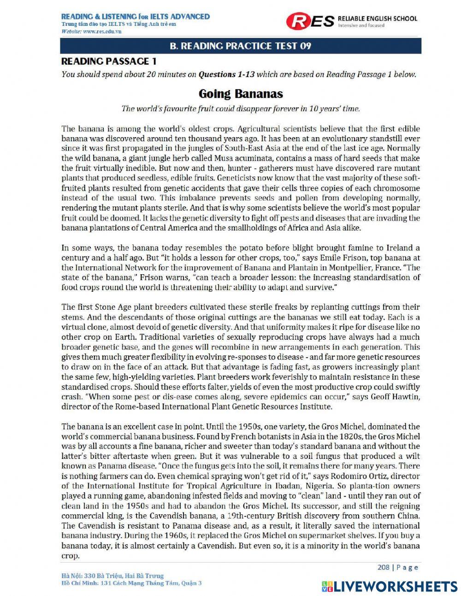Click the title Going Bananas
(240, 94)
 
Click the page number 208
(383, 567)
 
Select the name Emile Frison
(319, 258)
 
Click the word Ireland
(399, 248)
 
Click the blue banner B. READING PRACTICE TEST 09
(240, 46)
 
